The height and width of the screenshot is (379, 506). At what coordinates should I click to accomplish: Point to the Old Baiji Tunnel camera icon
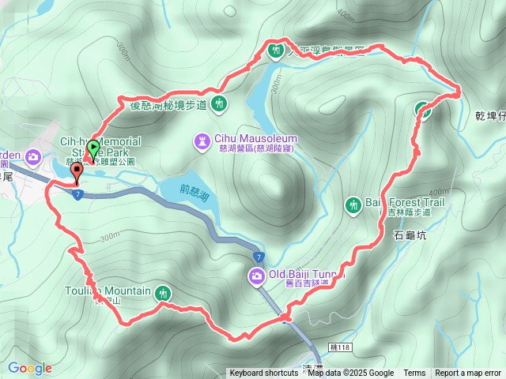[x=256, y=276]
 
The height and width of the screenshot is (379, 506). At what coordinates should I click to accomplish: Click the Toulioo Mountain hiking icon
[x=162, y=291]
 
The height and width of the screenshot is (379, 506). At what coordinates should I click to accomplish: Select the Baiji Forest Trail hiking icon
[x=353, y=205]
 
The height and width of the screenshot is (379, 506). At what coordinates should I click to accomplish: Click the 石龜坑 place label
[x=410, y=235]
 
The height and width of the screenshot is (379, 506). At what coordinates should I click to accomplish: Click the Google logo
[x=30, y=368]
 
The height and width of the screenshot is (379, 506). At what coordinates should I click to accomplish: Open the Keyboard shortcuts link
[x=264, y=373]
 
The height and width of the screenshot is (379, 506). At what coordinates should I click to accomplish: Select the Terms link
[x=414, y=373]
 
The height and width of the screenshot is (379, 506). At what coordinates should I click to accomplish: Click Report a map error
[x=468, y=373]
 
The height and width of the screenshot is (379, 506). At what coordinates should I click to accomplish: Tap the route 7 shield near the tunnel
[x=259, y=257]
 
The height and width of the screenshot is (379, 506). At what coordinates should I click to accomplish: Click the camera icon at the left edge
[x=33, y=156]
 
